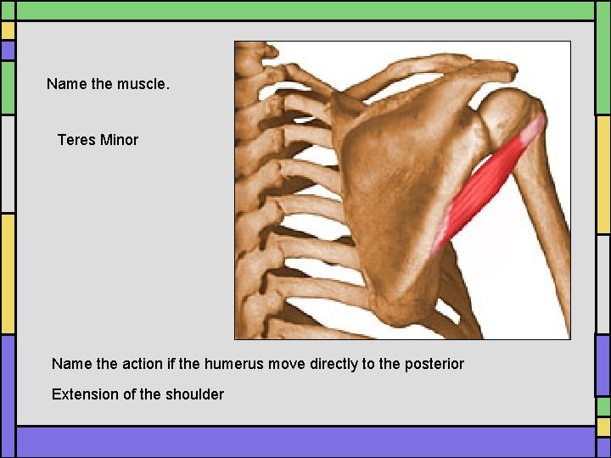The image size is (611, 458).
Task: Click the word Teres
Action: (76, 140)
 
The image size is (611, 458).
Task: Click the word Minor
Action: (119, 140)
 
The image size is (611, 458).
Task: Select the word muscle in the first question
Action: (149, 84)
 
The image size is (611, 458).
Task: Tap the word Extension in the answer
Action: (83, 394)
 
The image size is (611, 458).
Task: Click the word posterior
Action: (434, 364)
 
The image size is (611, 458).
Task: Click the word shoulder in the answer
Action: (195, 394)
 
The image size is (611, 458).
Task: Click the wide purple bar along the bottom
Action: (305, 442)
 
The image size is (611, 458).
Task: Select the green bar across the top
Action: (305, 10)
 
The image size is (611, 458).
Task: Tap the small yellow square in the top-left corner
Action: (8, 31)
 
